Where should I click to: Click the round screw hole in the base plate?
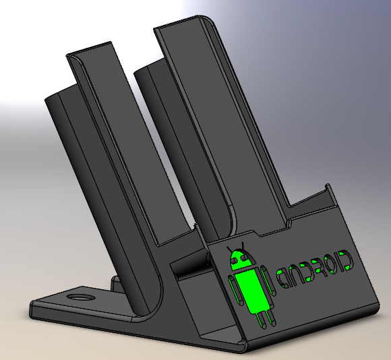tap(82, 298)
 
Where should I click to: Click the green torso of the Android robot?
tap(251, 291)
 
